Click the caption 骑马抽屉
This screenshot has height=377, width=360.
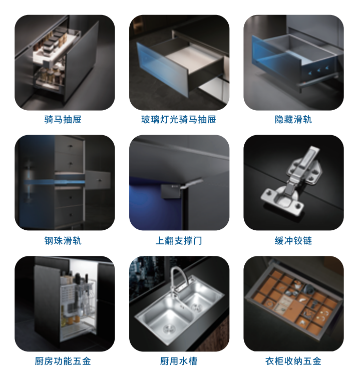click(63, 120)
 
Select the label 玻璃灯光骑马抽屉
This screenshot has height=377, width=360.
click(179, 120)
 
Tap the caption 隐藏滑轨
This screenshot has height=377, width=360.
click(293, 120)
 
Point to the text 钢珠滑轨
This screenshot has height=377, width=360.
click(63, 241)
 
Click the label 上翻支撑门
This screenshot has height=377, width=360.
click(179, 241)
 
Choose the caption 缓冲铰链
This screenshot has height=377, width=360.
click(293, 241)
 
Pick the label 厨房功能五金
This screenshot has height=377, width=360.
click(63, 361)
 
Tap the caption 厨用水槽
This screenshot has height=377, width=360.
click(179, 361)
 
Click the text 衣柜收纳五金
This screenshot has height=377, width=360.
click(293, 361)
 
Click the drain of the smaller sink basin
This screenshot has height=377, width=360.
click(197, 307)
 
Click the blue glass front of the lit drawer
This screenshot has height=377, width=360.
click(162, 69)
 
